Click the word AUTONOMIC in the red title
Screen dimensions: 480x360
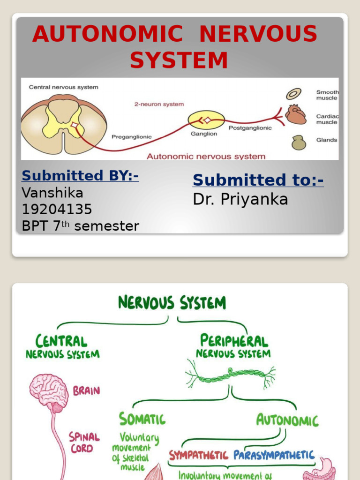click(107, 34)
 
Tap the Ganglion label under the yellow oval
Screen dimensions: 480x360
click(203, 134)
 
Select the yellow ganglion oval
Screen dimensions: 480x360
click(206, 120)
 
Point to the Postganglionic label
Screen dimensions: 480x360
click(250, 128)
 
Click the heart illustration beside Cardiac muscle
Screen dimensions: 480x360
click(295, 114)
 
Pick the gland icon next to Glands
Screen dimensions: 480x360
click(299, 142)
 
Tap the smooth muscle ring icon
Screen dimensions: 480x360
click(294, 94)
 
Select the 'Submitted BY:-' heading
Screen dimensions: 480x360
click(80, 176)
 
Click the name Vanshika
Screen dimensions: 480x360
click(52, 193)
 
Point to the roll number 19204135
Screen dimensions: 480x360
click(57, 209)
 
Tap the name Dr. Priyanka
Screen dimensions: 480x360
click(240, 199)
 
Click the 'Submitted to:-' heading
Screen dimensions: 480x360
click(258, 180)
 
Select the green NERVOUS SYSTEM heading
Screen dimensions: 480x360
click(172, 303)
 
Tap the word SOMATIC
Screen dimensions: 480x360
click(142, 419)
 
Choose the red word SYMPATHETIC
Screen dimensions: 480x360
click(198, 455)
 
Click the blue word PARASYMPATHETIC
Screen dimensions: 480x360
click(274, 455)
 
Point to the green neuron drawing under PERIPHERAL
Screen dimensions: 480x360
click(230, 374)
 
